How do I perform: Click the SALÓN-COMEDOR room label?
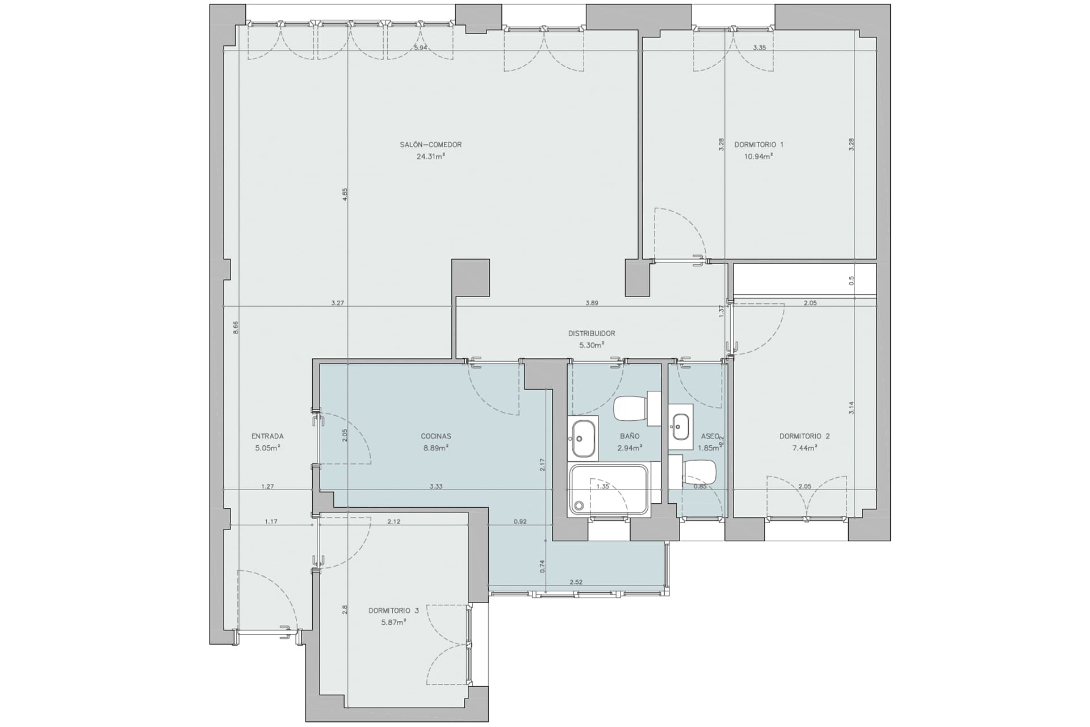pos(431,145)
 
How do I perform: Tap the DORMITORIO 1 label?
pos(758,145)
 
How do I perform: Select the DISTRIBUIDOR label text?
pos(592,333)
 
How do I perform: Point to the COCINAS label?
pos(436,436)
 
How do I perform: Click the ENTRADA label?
pos(267,436)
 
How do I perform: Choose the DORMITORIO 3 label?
pos(393,611)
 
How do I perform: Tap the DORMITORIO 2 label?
pos(804,436)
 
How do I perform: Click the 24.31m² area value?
pos(431,156)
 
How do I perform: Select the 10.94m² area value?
pos(758,156)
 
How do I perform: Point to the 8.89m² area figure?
pos(436,448)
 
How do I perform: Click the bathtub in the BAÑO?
pos(609,490)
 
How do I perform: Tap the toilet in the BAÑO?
pos(637,408)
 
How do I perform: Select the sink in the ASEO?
pos(680,427)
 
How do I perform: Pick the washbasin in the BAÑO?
pos(583,438)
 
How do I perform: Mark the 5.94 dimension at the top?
pos(421,48)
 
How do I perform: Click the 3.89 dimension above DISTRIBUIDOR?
pos(592,303)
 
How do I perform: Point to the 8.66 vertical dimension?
pos(236,328)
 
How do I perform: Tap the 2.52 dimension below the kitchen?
pos(576,582)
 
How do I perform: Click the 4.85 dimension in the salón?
pos(345,194)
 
